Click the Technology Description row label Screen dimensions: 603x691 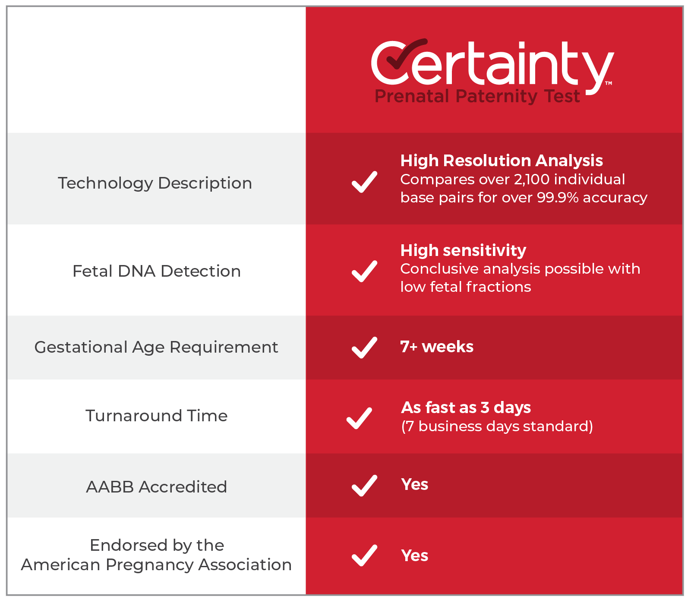pyautogui.click(x=155, y=183)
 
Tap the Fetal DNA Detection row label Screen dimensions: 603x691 pyautogui.click(x=156, y=272)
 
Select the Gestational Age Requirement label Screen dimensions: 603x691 pyautogui.click(x=156, y=347)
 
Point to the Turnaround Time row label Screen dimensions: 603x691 pyautogui.click(x=156, y=416)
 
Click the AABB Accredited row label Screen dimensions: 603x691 pyautogui.click(x=156, y=487)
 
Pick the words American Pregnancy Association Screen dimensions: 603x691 pyautogui.click(x=156, y=565)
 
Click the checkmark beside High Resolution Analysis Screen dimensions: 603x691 pyautogui.click(x=364, y=182)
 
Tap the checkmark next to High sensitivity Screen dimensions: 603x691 pyautogui.click(x=364, y=271)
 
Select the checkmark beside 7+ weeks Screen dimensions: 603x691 pyautogui.click(x=364, y=347)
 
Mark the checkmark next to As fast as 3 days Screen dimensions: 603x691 pyautogui.click(x=359, y=418)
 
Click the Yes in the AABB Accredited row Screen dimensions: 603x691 pyautogui.click(x=414, y=485)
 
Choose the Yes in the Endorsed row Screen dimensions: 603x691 pyautogui.click(x=414, y=556)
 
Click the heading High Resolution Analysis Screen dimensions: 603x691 pyautogui.click(x=501, y=161)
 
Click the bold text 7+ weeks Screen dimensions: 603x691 pyautogui.click(x=436, y=347)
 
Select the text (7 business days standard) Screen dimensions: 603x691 pyautogui.click(x=497, y=426)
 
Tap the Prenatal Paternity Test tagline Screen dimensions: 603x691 pyautogui.click(x=477, y=96)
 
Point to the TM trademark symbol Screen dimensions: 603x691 pyautogui.click(x=608, y=83)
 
